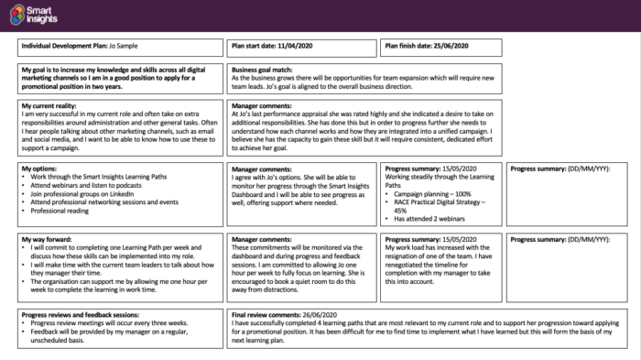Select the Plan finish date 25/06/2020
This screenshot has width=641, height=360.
point(448,45)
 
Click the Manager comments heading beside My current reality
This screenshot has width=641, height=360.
point(266,106)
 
